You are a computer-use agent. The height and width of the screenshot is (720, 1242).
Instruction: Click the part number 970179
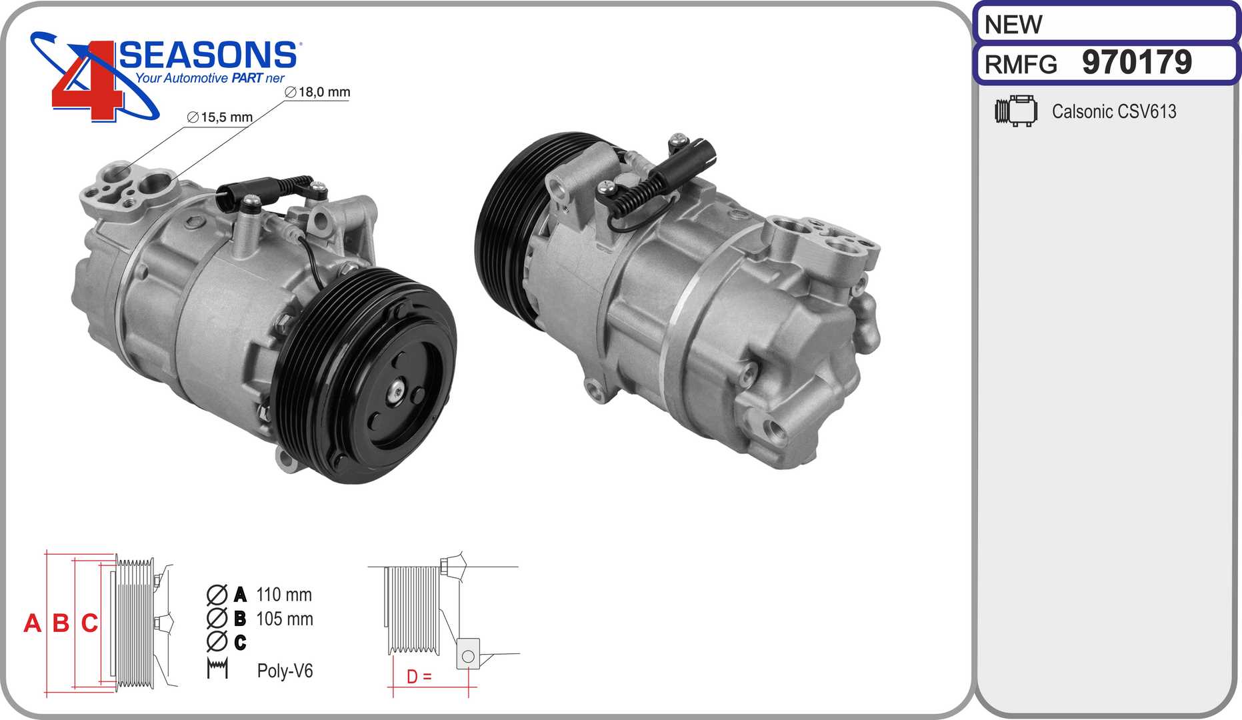tap(1137, 63)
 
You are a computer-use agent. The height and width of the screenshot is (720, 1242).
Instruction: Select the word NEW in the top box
tap(1013, 25)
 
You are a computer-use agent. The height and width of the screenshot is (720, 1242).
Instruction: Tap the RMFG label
tap(1021, 65)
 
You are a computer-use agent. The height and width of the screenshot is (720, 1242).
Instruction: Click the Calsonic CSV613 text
tap(1114, 111)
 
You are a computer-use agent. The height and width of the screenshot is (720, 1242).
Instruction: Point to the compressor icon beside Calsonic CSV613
tap(1016, 111)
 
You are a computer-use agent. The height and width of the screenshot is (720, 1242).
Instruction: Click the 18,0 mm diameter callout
tap(317, 92)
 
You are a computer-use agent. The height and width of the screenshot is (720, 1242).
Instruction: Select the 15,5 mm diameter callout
tap(220, 117)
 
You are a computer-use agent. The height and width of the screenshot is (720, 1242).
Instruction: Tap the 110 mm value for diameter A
tap(284, 594)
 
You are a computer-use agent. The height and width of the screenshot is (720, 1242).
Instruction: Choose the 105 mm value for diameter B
tap(285, 619)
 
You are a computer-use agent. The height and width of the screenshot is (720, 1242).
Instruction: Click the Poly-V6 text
tap(285, 671)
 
